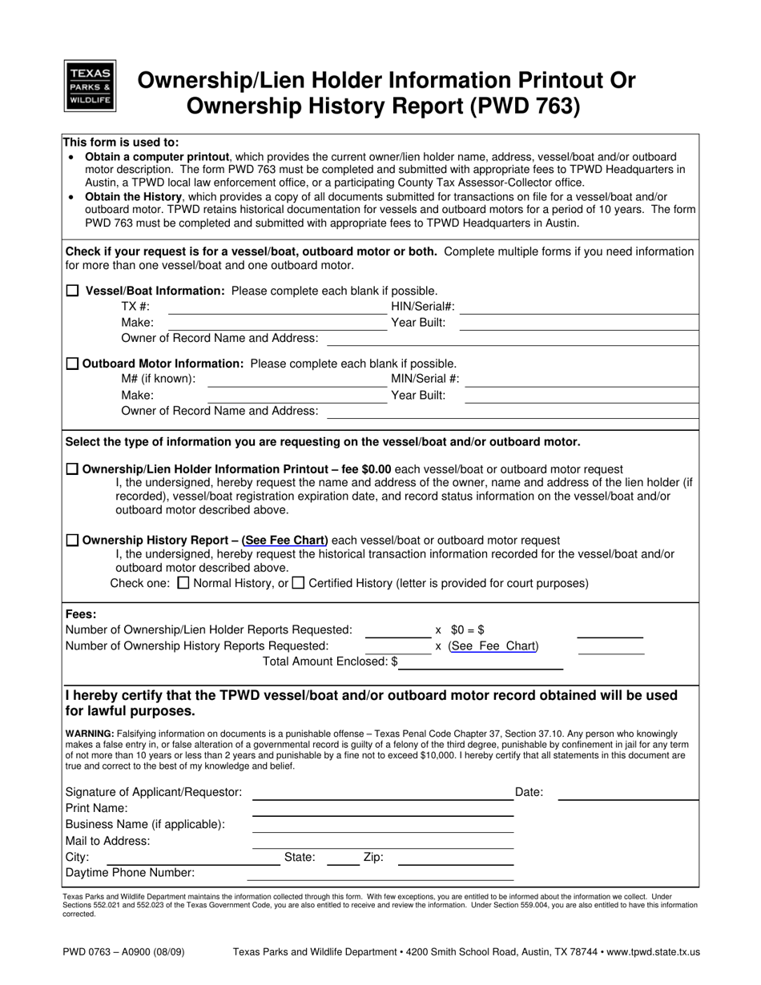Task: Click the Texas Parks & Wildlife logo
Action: [90, 86]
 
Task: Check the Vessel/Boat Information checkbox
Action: [73, 291]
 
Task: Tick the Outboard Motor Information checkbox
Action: [73, 364]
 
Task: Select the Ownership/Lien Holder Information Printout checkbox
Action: [73, 469]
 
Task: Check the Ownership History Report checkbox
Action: [73, 541]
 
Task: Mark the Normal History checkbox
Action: [183, 583]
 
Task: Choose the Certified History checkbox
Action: [298, 583]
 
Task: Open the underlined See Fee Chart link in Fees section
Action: [493, 646]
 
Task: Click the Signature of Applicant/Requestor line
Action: [382, 794]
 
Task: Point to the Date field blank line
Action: [628, 794]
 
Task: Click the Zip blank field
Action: [455, 858]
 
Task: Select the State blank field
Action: [343, 858]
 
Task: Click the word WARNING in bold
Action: [89, 734]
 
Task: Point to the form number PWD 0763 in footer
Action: [91, 952]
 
